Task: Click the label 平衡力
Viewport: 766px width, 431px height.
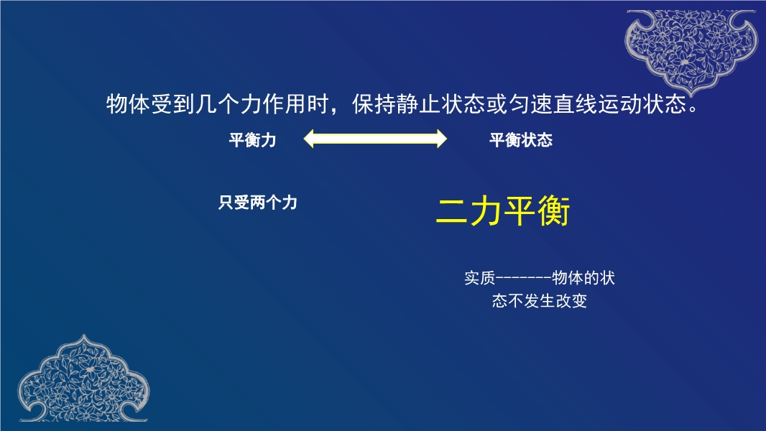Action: pos(252,140)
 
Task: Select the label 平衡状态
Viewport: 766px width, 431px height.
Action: pos(521,140)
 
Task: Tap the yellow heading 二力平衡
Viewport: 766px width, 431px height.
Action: pos(503,211)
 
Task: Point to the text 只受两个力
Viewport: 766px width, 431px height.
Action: pos(257,202)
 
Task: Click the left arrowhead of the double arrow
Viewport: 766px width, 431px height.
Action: pos(308,139)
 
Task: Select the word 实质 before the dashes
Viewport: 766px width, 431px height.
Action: pos(479,278)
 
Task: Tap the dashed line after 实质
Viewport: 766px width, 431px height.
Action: pos(523,278)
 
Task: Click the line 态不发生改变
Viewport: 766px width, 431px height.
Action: pos(540,301)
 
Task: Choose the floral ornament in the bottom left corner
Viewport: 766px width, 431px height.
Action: pos(83,380)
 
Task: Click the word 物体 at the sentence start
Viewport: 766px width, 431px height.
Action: pos(128,104)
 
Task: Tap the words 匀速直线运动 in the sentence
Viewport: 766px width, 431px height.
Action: pos(574,104)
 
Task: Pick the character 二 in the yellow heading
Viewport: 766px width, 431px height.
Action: pos(451,211)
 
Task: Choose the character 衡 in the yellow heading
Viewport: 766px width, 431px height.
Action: pos(554,211)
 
